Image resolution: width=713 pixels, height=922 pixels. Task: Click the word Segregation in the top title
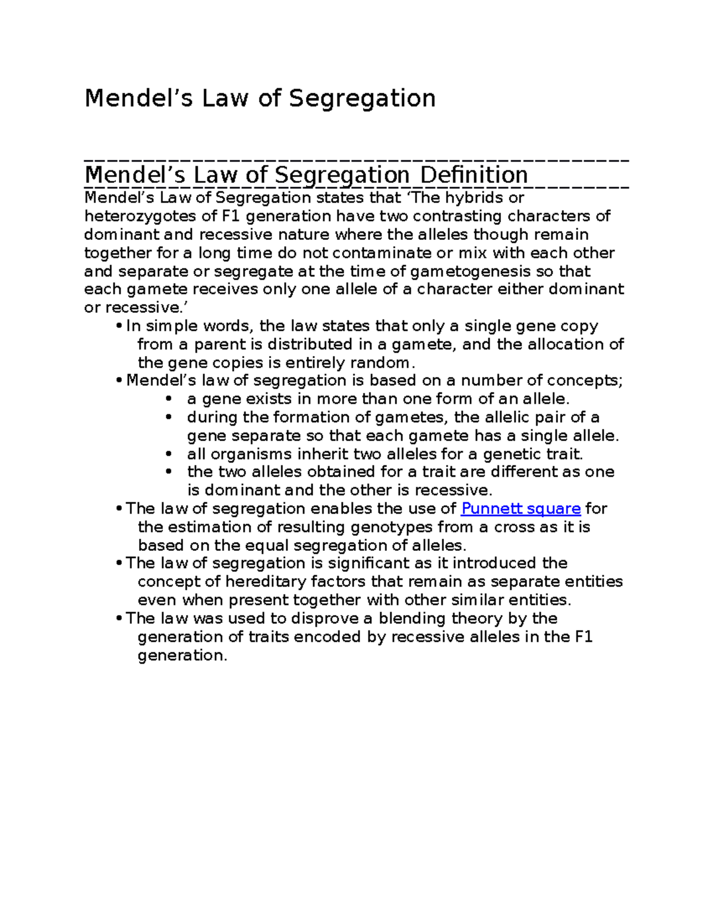[362, 99]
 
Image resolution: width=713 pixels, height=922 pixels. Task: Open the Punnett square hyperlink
[520, 509]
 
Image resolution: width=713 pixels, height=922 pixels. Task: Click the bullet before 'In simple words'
[119, 326]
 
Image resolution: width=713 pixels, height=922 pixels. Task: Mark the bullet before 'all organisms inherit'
[169, 454]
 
